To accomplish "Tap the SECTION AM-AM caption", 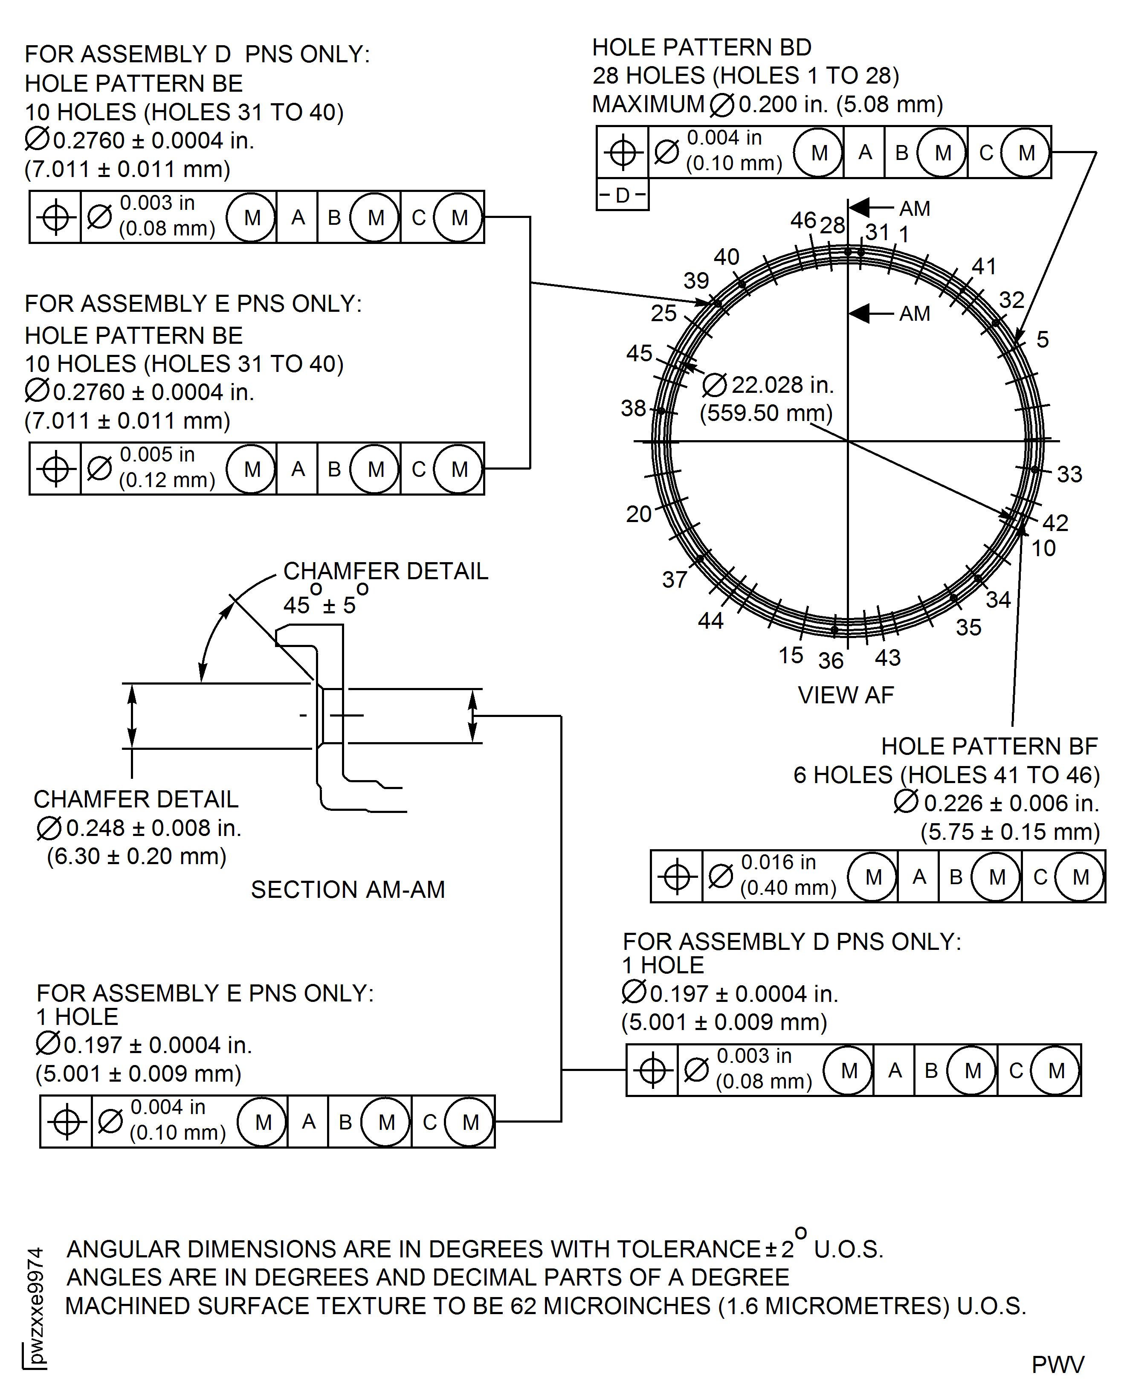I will (x=348, y=890).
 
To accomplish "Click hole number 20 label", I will (x=639, y=514).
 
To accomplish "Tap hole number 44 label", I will (x=710, y=621).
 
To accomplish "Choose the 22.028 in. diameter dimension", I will (x=782, y=385).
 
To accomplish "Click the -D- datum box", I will (x=622, y=195).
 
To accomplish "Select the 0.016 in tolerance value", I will (x=778, y=862).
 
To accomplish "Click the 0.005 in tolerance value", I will (x=157, y=455).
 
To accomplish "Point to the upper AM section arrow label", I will (x=914, y=209).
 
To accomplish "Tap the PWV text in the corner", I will (x=1057, y=1365).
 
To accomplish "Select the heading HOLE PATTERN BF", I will (x=989, y=747).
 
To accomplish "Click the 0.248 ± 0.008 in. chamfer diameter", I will (x=153, y=828).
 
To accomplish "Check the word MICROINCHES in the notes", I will (x=626, y=1306).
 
